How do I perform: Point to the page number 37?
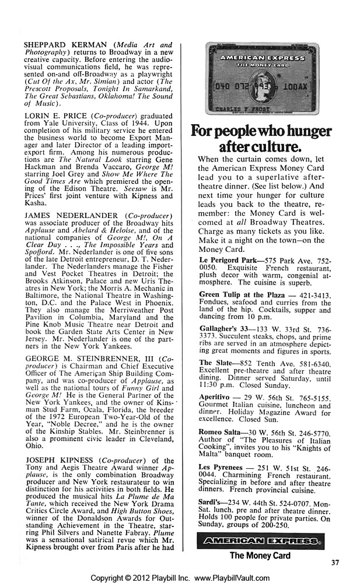click(334, 563)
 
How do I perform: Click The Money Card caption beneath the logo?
click(260, 556)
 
